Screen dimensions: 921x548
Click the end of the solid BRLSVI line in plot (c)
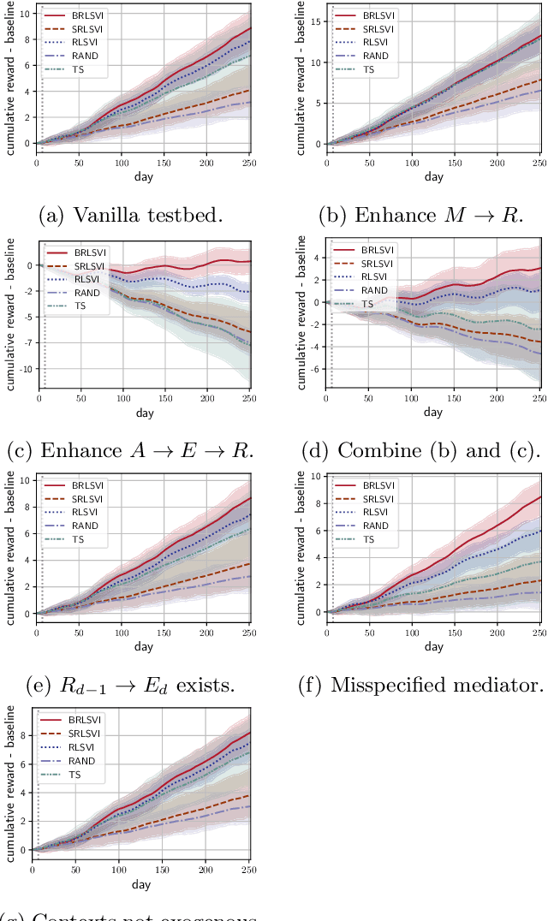pyautogui.click(x=250, y=261)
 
